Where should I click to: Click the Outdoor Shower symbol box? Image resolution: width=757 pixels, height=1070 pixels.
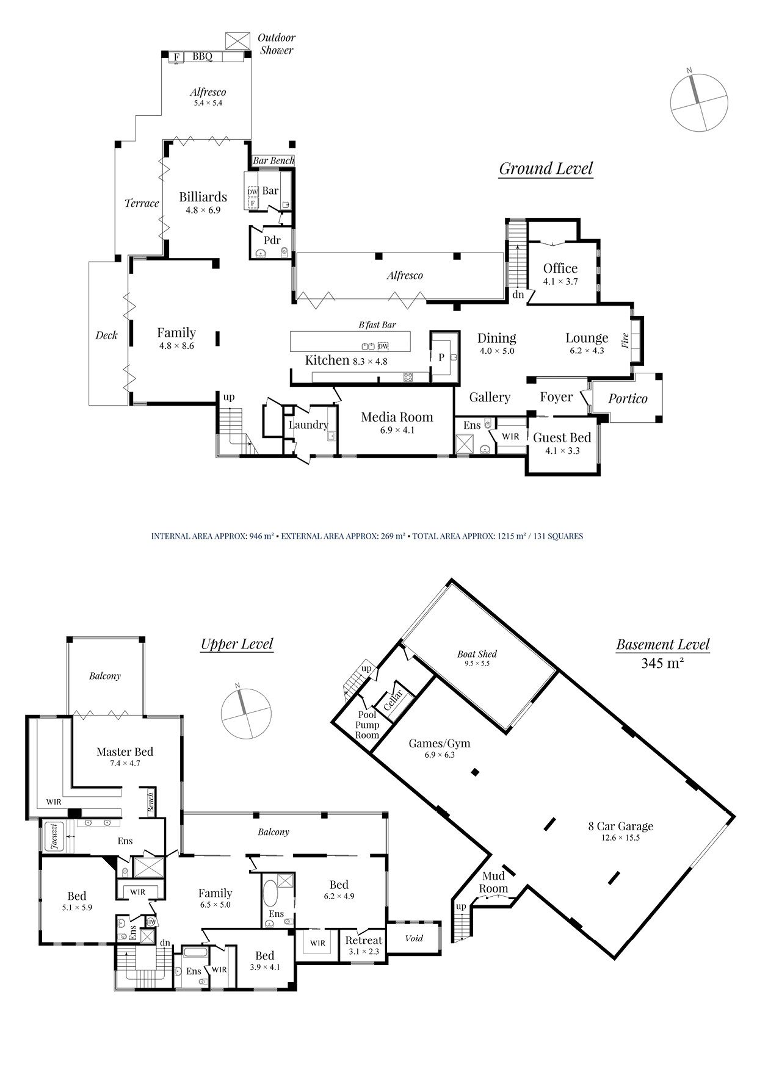(x=237, y=41)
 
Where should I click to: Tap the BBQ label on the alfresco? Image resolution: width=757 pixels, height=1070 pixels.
(x=202, y=57)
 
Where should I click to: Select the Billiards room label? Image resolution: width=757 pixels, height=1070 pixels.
(x=203, y=197)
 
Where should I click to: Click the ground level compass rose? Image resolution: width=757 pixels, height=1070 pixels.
(x=699, y=101)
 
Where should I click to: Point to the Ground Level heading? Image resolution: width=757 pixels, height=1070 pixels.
(x=546, y=168)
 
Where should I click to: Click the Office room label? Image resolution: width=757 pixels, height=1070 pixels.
(x=560, y=268)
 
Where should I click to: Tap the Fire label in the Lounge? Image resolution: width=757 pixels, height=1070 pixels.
(x=625, y=340)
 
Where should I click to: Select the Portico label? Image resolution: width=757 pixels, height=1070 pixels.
(x=628, y=399)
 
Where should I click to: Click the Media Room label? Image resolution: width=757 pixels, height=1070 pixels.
(x=397, y=417)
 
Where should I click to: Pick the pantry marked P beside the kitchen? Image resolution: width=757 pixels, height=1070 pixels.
(x=441, y=357)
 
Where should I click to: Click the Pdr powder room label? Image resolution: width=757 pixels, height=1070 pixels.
(x=272, y=240)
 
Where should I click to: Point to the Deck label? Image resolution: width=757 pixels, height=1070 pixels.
(x=106, y=335)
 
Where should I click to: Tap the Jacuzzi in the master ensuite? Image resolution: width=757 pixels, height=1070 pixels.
(x=54, y=836)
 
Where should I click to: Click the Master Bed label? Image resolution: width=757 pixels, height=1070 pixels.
(x=125, y=752)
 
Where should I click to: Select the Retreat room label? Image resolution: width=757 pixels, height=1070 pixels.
(x=363, y=941)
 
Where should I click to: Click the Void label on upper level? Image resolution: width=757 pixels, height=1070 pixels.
(x=414, y=938)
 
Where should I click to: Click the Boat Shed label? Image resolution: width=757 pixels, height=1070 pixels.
(x=477, y=655)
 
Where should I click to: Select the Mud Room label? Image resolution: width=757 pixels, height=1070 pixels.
(x=493, y=883)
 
